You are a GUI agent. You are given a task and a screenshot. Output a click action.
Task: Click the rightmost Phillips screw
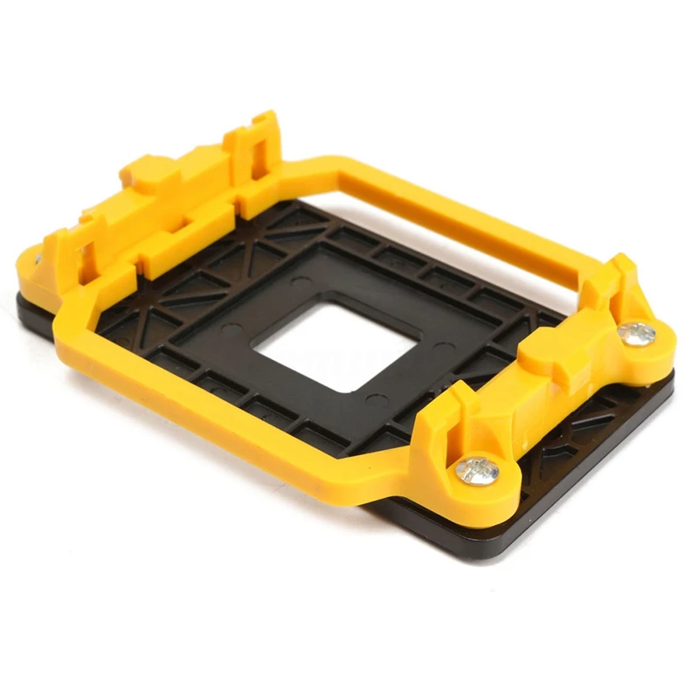pyautogui.click(x=637, y=332)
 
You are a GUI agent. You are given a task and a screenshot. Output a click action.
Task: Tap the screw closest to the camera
pyautogui.click(x=478, y=470)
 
